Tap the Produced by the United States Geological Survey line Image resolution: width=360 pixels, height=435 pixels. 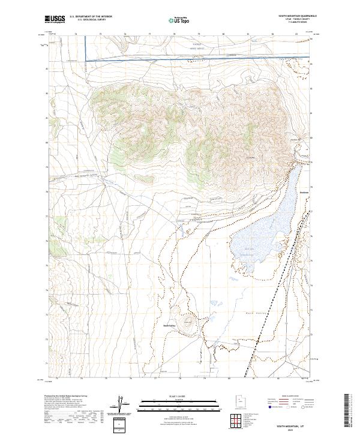click(66, 397)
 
